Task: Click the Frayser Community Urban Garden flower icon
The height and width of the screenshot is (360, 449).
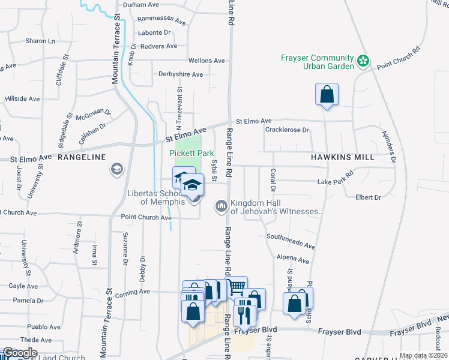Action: (x=363, y=61)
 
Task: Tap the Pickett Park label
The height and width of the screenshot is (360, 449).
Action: (x=191, y=153)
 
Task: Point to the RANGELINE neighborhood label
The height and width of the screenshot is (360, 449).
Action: (x=82, y=157)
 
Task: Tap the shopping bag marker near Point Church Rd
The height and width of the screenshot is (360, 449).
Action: (x=327, y=95)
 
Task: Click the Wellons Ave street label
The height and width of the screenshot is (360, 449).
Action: (x=206, y=61)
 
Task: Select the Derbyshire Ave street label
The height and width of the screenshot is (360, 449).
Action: (x=181, y=74)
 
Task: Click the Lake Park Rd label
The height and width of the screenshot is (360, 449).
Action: (x=336, y=181)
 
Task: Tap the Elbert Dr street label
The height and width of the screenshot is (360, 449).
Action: (x=368, y=197)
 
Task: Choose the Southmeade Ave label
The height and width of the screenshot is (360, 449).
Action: (x=291, y=241)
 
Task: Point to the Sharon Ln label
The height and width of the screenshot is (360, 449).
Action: (x=40, y=41)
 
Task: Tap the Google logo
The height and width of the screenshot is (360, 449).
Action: (x=19, y=353)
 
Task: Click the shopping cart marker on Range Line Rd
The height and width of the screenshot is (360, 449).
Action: (x=236, y=287)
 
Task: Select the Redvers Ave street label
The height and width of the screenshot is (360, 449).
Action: (x=158, y=46)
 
